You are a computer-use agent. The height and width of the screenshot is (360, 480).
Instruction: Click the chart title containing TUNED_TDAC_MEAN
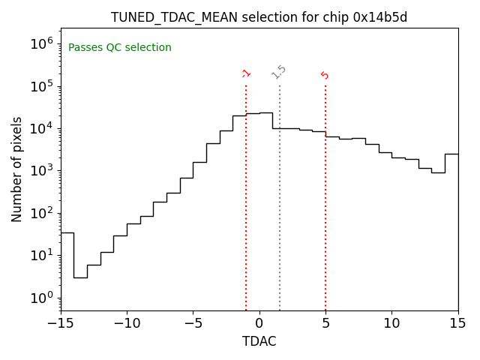(x=259, y=17)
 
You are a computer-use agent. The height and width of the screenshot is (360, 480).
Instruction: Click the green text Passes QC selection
(x=120, y=48)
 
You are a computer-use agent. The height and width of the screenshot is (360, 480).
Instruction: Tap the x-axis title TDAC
(x=259, y=341)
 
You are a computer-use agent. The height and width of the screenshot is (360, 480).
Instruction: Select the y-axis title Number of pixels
(x=17, y=169)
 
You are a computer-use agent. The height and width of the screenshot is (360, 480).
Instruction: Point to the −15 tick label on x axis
(x=61, y=323)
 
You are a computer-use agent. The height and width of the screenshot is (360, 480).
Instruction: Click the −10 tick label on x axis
(x=127, y=323)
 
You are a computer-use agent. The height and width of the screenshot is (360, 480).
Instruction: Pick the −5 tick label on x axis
(x=193, y=323)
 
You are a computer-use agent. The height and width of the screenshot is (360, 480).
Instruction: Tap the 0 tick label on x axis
(x=259, y=323)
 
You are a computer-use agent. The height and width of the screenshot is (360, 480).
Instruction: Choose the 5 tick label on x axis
(x=325, y=323)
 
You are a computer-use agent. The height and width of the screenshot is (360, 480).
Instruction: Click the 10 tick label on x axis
(x=391, y=323)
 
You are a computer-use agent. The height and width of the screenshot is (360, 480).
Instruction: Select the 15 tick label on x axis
(x=457, y=323)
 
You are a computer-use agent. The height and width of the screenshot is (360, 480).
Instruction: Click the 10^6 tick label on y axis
(x=41, y=43)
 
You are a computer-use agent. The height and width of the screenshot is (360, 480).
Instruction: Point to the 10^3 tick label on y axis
(x=41, y=170)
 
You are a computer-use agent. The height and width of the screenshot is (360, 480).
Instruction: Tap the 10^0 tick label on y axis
(x=41, y=298)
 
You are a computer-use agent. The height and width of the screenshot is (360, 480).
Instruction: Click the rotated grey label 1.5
(x=279, y=72)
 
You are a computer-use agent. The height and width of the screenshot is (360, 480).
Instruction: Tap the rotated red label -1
(x=246, y=73)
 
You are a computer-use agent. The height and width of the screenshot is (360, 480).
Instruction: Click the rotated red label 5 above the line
(x=325, y=75)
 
